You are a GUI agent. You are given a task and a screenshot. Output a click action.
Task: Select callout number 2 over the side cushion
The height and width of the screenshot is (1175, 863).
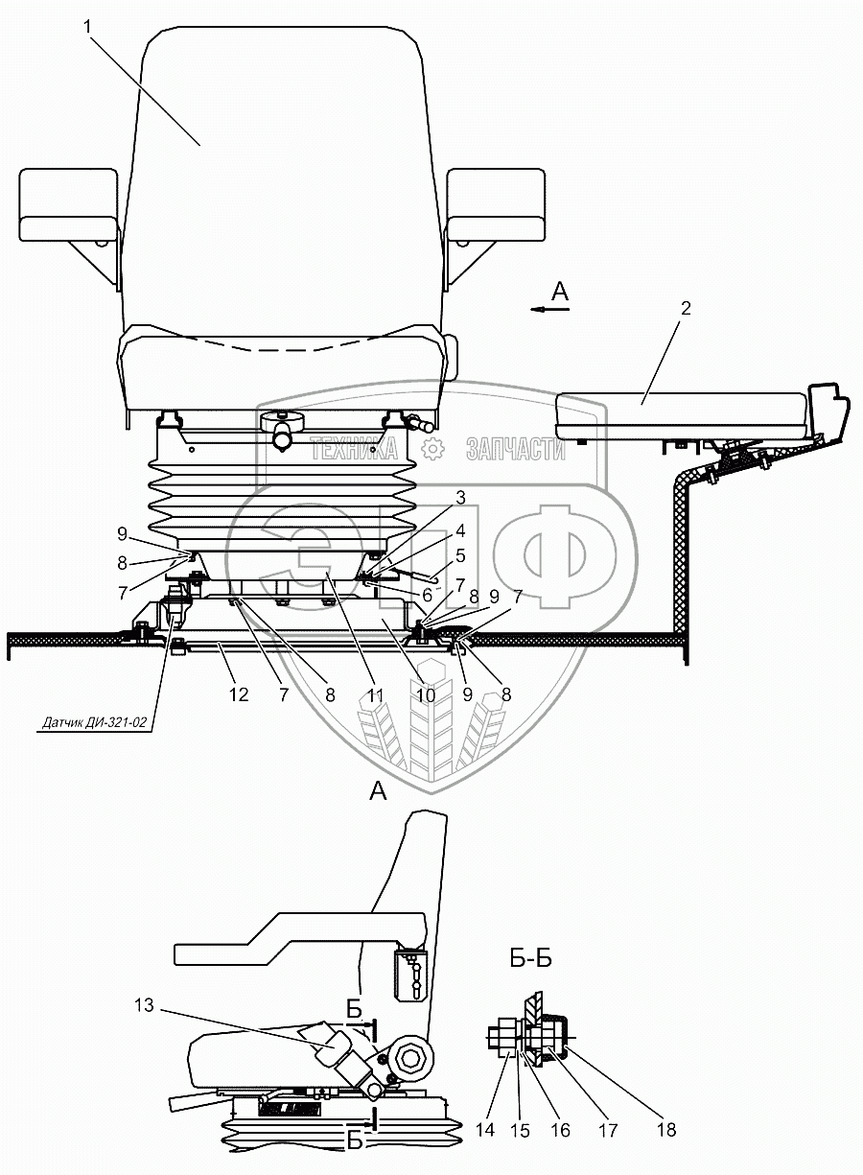tap(686, 309)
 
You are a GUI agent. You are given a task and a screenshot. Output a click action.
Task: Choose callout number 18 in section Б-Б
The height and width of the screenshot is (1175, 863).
tap(667, 1130)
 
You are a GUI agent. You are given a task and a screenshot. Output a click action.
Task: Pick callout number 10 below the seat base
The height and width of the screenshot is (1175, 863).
tap(425, 693)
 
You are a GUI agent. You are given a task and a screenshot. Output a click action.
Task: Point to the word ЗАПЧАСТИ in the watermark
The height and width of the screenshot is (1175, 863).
tap(515, 448)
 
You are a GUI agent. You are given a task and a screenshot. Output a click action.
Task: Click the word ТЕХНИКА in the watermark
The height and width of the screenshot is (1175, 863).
tap(352, 448)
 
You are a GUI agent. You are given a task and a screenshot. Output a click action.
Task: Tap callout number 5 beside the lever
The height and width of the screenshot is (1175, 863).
tap(460, 555)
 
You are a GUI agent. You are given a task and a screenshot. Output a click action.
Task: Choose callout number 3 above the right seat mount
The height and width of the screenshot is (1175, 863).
tap(460, 497)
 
